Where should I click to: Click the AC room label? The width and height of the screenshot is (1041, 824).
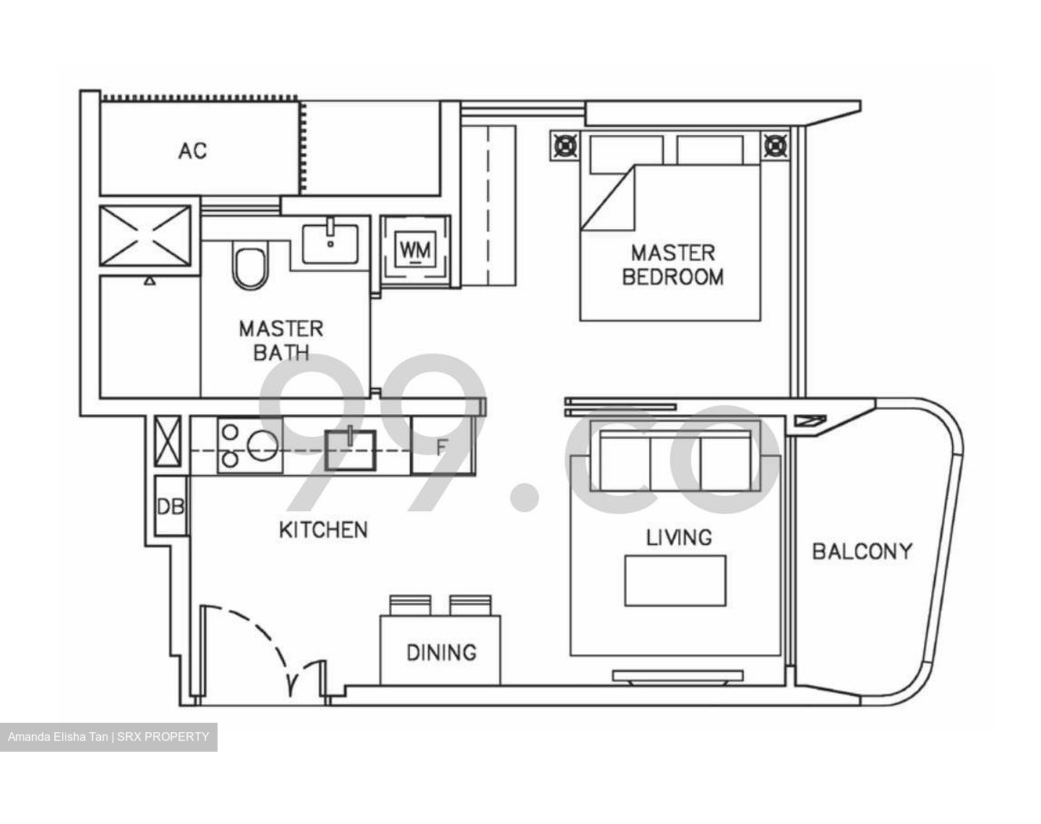click(192, 151)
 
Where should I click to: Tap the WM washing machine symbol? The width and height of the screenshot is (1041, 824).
click(415, 250)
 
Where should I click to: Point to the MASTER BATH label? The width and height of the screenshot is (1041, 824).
click(280, 340)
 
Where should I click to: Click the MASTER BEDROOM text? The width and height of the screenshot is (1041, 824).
click(672, 265)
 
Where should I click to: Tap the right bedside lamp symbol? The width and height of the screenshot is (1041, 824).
click(775, 146)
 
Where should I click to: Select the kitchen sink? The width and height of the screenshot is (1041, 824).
click(351, 450)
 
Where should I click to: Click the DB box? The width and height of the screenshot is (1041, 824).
click(171, 507)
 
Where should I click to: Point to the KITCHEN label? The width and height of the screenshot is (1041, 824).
click(323, 530)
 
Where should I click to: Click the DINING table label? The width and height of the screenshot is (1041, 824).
click(441, 653)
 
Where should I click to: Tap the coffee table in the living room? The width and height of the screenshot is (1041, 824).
click(675, 580)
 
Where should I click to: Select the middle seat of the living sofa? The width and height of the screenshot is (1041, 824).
click(676, 461)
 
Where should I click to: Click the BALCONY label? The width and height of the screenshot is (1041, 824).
click(862, 552)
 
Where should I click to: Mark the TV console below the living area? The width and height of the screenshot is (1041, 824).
click(677, 677)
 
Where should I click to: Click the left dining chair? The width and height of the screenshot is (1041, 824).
click(410, 605)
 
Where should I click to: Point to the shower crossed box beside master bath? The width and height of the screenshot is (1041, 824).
click(145, 236)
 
